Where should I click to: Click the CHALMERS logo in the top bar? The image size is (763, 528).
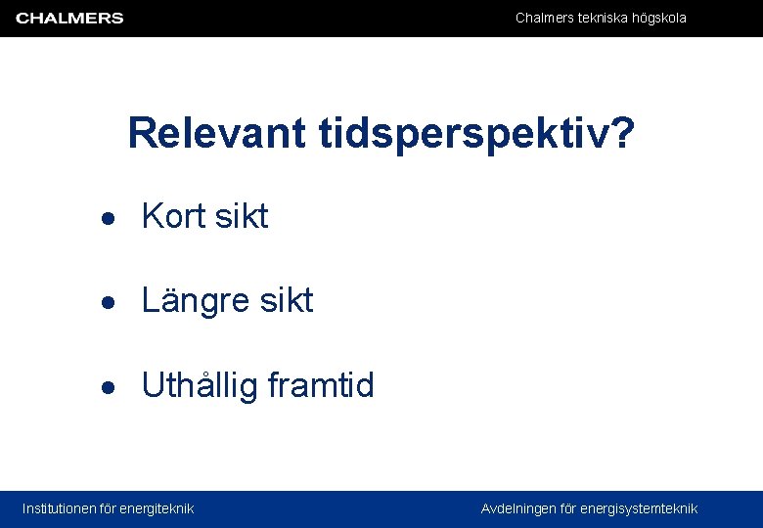69,19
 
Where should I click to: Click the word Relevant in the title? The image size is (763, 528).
216,133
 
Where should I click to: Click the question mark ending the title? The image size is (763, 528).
620,133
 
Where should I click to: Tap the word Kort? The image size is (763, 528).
173,216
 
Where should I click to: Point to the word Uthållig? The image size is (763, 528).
201,386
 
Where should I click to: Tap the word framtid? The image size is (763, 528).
321,385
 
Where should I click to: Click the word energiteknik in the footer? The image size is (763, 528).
157,508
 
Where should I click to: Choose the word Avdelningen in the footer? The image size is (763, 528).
518,508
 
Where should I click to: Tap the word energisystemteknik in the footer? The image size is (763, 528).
639,508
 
